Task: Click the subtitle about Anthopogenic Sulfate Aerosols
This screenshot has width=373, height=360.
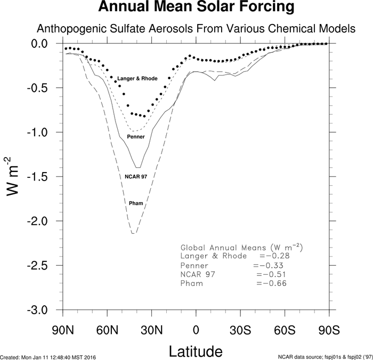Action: click(196, 29)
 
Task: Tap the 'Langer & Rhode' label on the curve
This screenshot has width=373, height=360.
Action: click(137, 79)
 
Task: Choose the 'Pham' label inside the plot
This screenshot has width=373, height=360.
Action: click(135, 203)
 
